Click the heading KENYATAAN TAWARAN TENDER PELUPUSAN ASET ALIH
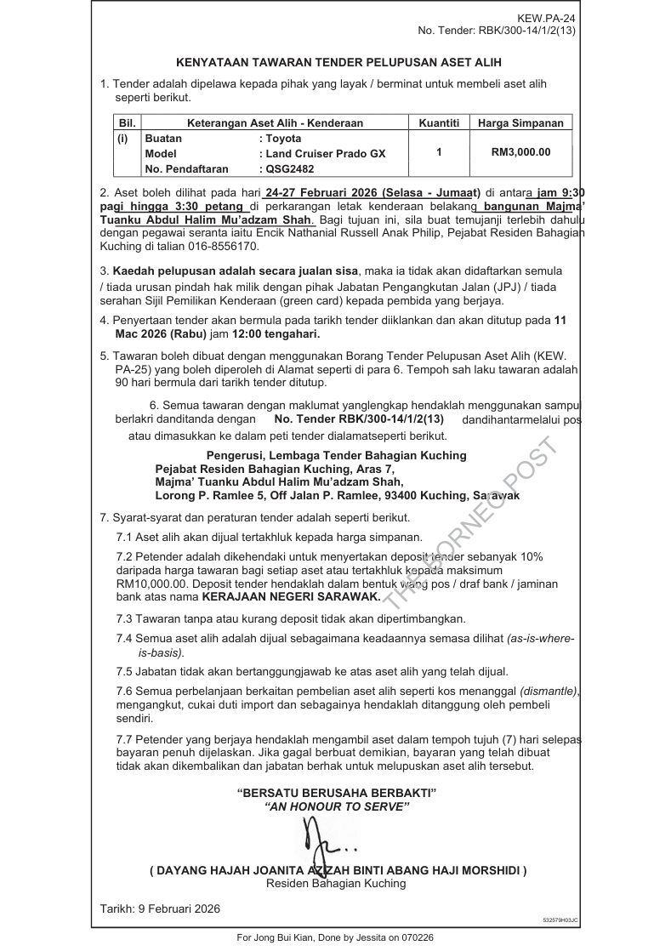338,62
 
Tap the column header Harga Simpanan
520,123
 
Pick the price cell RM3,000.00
520,153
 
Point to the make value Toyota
283,138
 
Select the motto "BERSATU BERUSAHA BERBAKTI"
337,793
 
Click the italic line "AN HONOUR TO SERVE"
337,806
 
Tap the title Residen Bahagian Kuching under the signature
336,883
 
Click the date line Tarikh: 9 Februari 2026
160,908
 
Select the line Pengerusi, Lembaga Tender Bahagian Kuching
336,455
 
